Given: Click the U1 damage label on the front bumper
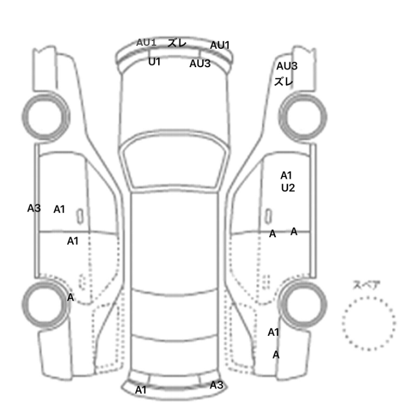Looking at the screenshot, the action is [x=155, y=62].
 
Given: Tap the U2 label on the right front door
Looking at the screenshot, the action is [x=288, y=188].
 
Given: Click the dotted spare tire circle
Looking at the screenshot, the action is [x=368, y=324].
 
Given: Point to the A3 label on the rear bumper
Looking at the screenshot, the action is [x=216, y=385].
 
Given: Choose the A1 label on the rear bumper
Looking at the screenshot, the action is [x=141, y=390].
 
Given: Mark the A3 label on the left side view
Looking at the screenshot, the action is [x=34, y=208].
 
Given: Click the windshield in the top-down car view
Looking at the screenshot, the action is [x=174, y=162].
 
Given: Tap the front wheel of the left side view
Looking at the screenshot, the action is [x=46, y=117].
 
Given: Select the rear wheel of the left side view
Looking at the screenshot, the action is [x=46, y=305].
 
